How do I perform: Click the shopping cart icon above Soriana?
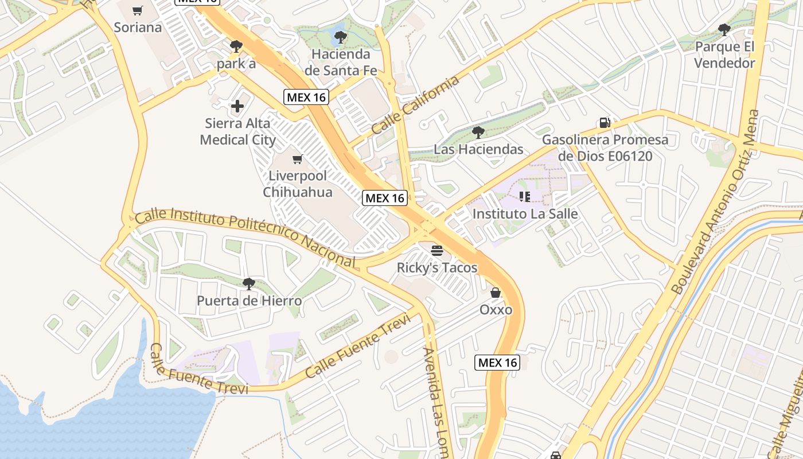[x=137, y=10]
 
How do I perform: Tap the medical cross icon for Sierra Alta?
[x=237, y=106]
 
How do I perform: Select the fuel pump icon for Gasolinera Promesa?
[x=605, y=122]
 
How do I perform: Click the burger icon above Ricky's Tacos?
[x=437, y=250]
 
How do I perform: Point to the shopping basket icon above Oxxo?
[x=496, y=293]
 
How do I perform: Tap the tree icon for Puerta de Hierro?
[x=248, y=283]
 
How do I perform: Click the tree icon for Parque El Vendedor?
[x=724, y=29]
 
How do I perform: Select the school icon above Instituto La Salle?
[x=524, y=197]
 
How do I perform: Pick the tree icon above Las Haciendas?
[x=478, y=133]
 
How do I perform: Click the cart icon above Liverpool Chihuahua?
[x=297, y=159]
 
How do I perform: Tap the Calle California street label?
[x=415, y=106]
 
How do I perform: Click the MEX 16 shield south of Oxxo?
[x=497, y=362]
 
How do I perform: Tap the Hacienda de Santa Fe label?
[x=341, y=63]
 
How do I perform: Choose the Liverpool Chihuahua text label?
[x=297, y=184]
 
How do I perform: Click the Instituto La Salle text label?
[x=525, y=214]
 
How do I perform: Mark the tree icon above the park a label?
[x=236, y=46]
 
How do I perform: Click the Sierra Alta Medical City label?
[x=237, y=131]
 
